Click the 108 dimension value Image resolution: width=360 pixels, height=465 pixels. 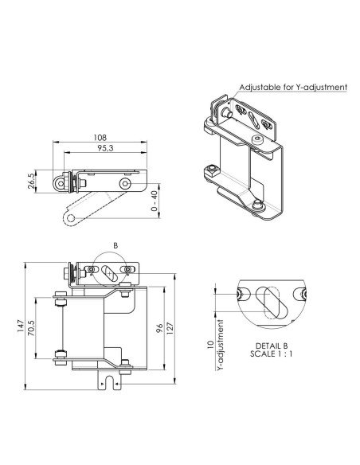click(100, 138)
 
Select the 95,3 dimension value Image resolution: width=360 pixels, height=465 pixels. click(105, 148)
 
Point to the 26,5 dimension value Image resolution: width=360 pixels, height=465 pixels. click(31, 182)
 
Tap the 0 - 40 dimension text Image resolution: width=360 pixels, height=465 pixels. click(154, 201)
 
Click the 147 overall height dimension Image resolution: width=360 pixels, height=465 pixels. click(20, 326)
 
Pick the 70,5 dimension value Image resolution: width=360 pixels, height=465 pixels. click(31, 328)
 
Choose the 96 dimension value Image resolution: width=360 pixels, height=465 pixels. click(159, 328)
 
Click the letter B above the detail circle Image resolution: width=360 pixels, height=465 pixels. click(115, 245)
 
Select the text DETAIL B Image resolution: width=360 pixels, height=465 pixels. click(272, 346)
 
